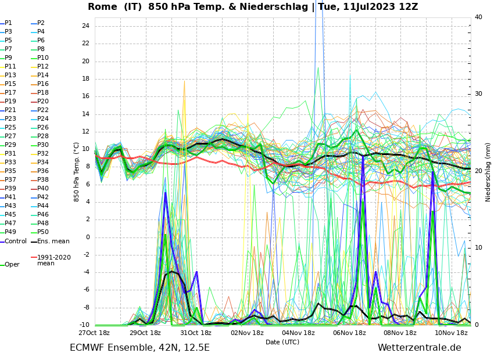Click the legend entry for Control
pos(16,241)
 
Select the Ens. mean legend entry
pos(53,241)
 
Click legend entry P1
pos(8,23)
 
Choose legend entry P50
pos(43,232)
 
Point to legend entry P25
pos(10,128)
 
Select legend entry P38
pos(43,180)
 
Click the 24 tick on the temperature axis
pos(85,26)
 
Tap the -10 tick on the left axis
pos(84,325)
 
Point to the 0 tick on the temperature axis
pos(87,237)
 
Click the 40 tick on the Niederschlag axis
pos(478,17)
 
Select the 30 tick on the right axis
pos(478,94)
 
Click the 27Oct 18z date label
pos(94,333)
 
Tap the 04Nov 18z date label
pos(298,333)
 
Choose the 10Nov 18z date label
pos(451,333)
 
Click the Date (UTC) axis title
pos(282,342)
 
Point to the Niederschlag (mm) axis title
pos(488,172)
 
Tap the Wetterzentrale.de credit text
pos(419,348)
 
